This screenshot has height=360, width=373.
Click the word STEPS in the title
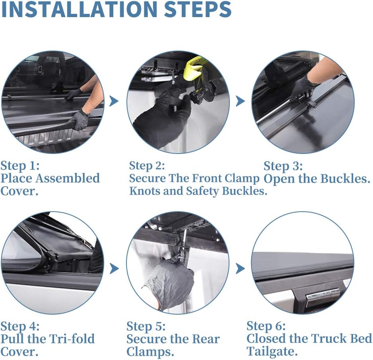pyautogui.click(x=198, y=9)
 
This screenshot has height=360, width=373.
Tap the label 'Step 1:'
pyautogui.click(x=20, y=166)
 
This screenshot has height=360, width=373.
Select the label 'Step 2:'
pyautogui.click(x=147, y=165)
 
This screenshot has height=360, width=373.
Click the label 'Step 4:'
pyautogui.click(x=20, y=327)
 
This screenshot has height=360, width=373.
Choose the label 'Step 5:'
pyautogui.click(x=146, y=327)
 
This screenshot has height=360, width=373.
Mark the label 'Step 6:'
pyautogui.click(x=266, y=326)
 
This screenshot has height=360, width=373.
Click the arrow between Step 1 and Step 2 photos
pyautogui.click(x=114, y=101)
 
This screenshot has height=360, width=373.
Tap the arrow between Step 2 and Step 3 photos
pyautogui.click(x=240, y=101)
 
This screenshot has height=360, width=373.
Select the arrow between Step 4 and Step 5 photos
pyautogui.click(x=114, y=269)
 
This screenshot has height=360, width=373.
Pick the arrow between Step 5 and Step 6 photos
pyautogui.click(x=240, y=269)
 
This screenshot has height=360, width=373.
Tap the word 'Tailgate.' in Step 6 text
pyautogui.click(x=272, y=351)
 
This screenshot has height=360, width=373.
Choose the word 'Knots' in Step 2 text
pyautogui.click(x=145, y=191)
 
